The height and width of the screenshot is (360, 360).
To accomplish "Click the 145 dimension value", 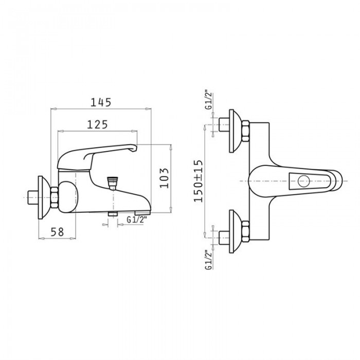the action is click(101, 102).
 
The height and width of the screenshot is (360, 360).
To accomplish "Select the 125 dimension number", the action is click(97, 124).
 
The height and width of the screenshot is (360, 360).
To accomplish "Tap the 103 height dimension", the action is click(164, 178).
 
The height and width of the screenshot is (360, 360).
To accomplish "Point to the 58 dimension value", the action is click(57, 232).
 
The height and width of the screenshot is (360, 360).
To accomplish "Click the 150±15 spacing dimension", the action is click(199, 181).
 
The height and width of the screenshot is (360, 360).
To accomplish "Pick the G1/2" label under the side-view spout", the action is click(137, 220).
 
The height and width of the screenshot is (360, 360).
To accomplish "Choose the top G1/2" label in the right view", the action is click(209, 101).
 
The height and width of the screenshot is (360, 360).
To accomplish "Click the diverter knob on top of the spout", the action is click(113, 183).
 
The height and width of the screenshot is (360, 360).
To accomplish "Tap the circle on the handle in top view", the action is click(304, 181).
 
